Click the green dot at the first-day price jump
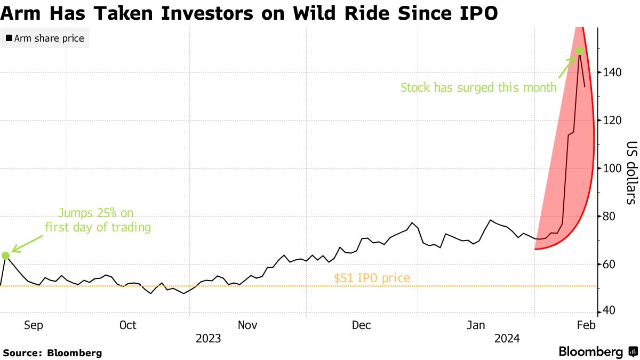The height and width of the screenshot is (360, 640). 6,255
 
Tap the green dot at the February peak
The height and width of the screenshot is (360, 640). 579,51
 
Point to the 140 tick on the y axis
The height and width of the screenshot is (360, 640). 611,72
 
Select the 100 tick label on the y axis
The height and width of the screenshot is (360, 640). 611,169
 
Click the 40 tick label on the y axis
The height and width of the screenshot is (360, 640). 608,312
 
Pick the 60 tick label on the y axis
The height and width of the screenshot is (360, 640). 608,265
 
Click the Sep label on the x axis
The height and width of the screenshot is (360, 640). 33,325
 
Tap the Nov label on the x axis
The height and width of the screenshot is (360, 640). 247,325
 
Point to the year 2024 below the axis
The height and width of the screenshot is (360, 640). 508,338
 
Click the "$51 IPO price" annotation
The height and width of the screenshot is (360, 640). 372,278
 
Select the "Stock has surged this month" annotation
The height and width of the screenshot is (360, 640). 478,87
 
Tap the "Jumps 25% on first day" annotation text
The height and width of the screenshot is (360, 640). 98,220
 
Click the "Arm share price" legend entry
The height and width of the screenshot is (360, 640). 45,38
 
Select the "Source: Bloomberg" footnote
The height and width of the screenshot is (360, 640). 52,353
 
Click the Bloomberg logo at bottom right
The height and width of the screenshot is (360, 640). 597,352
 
